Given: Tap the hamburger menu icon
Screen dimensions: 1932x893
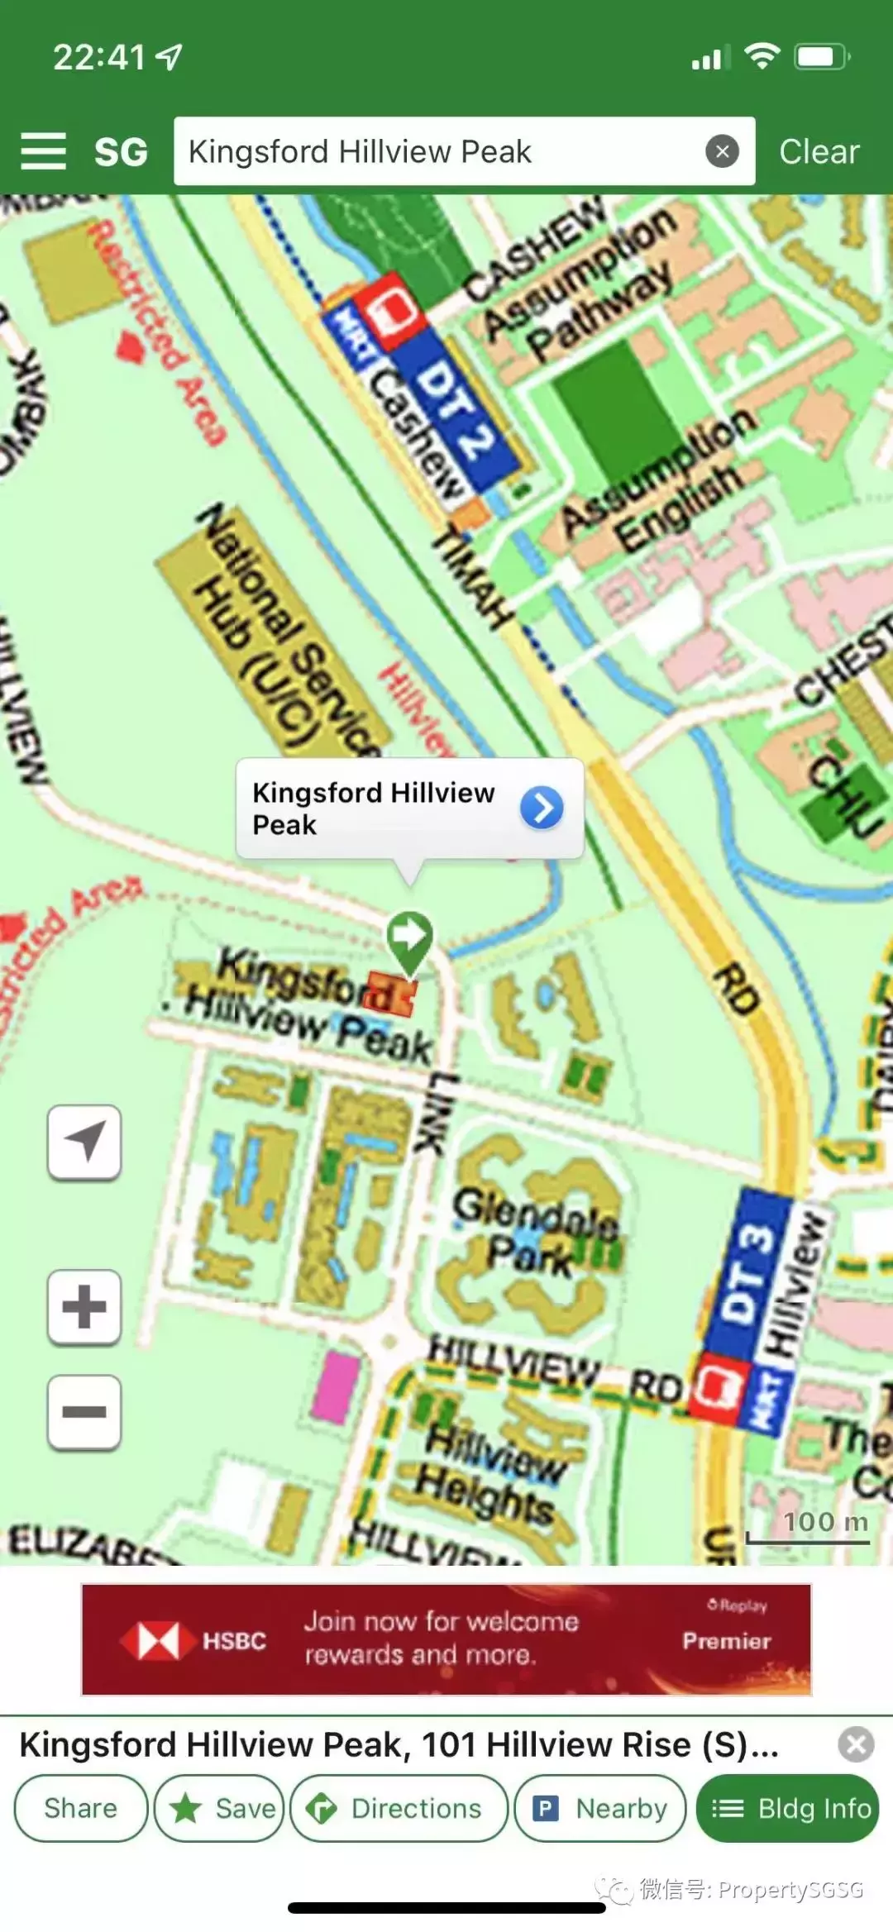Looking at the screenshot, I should [43, 151].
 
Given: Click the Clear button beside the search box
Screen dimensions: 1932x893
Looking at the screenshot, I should [819, 152].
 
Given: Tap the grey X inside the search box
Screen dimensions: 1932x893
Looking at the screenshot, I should [722, 151].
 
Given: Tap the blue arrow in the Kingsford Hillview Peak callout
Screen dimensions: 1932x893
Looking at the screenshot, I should [542, 808].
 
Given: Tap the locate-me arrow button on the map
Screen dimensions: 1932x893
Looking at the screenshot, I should [84, 1142].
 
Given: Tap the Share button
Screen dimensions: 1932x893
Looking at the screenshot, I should [80, 1808].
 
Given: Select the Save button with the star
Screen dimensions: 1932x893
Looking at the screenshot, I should [220, 1808].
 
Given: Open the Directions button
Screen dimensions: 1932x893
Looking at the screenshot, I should [399, 1808].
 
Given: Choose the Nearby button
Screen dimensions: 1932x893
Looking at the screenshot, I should [600, 1808].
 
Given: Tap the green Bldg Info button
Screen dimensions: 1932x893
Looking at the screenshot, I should [788, 1808].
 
